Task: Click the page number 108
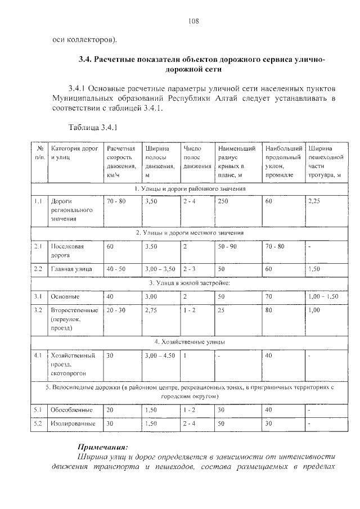194,21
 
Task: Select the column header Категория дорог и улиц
73,154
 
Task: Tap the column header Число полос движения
196,157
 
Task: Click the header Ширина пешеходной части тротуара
325,162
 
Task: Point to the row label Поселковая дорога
67,250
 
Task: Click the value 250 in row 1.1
223,200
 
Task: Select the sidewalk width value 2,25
314,200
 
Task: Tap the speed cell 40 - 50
115,269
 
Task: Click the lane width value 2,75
151,310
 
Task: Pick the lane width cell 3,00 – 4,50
160,355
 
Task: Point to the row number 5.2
38,424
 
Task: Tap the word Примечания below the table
103,446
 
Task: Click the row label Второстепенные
74,310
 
